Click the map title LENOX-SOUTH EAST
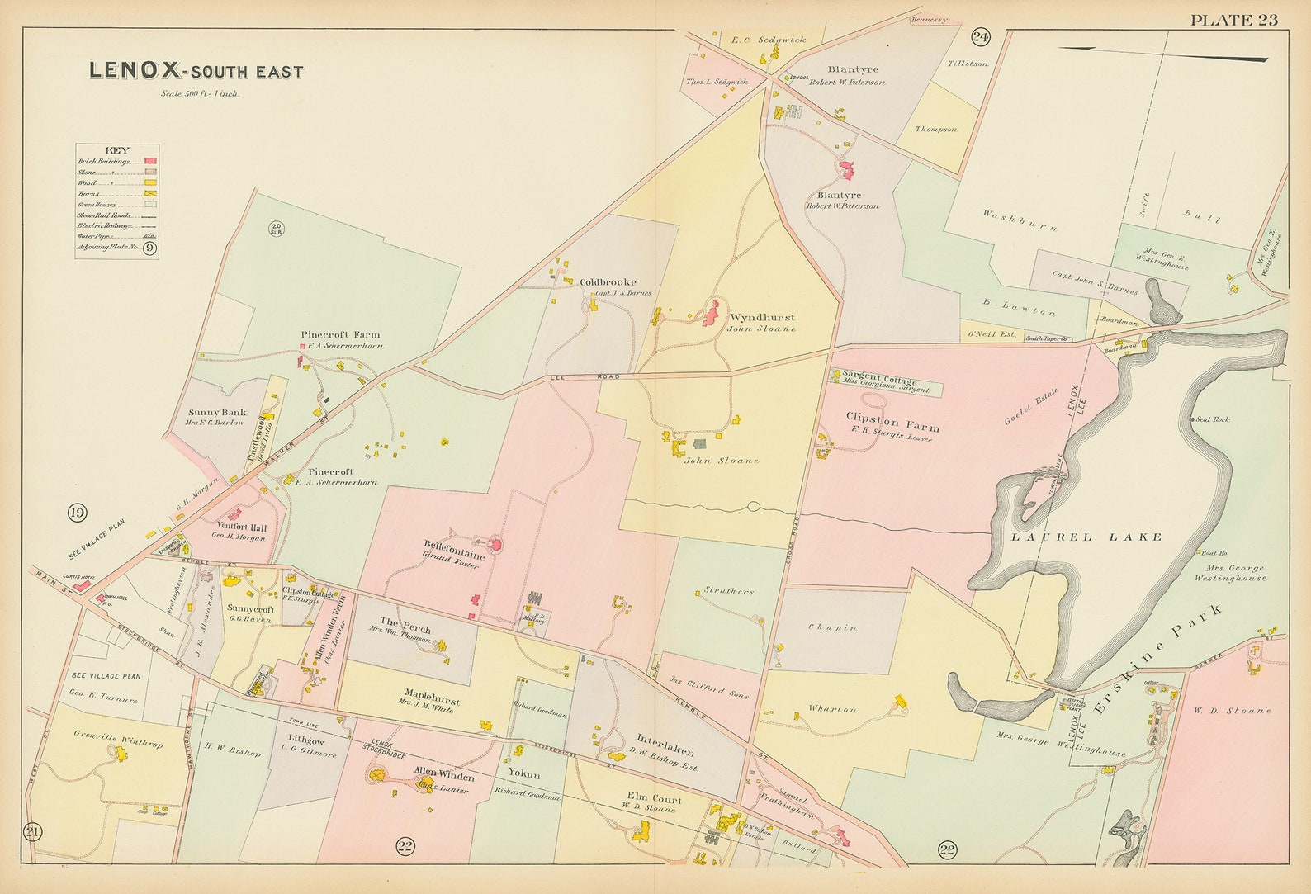196,72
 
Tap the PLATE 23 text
1233,20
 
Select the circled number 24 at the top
980,36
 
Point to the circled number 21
32,831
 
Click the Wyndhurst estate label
761,317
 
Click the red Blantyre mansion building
846,169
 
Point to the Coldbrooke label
608,281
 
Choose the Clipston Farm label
892,428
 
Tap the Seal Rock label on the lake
1215,419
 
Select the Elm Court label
655,799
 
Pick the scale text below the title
201,93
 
